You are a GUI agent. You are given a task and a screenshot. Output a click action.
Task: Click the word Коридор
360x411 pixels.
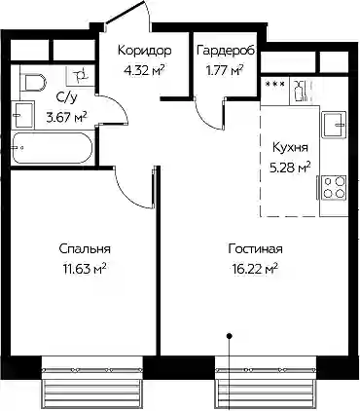click(144, 51)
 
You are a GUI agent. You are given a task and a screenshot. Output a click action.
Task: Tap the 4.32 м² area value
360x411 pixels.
click(144, 69)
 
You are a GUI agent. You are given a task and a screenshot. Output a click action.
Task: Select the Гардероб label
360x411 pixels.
click(226, 51)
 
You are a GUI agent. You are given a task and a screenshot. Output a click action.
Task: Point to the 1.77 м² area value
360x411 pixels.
click(226, 69)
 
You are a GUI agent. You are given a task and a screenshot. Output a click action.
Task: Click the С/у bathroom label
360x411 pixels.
click(67, 97)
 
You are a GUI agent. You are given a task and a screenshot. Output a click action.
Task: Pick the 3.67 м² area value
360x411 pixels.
click(66, 116)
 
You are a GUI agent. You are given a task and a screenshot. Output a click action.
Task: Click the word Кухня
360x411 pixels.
click(290, 148)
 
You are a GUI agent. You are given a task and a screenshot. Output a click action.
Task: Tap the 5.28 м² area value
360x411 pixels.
click(290, 168)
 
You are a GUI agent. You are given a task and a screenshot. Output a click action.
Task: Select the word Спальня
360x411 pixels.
click(85, 249)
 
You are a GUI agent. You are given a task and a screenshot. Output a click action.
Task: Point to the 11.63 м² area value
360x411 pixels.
click(85, 269)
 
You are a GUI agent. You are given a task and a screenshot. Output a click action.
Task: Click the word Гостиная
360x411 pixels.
click(255, 249)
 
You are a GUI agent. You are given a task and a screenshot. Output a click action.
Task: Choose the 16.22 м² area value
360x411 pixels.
click(255, 269)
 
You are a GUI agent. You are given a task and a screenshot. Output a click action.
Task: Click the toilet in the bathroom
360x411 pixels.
click(33, 83)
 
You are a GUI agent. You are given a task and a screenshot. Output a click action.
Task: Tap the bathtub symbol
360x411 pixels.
click(53, 148)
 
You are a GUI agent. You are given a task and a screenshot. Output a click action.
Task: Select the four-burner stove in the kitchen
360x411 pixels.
click(334, 188)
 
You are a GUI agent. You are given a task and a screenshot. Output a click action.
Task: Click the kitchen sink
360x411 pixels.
click(334, 125)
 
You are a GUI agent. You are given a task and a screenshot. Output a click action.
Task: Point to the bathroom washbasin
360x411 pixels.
click(22, 114)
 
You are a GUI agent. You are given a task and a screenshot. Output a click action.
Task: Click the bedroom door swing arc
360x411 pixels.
click(129, 195)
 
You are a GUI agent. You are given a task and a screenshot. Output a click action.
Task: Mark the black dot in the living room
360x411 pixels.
click(230, 336)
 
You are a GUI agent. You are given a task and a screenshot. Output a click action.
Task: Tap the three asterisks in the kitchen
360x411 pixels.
click(275, 84)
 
